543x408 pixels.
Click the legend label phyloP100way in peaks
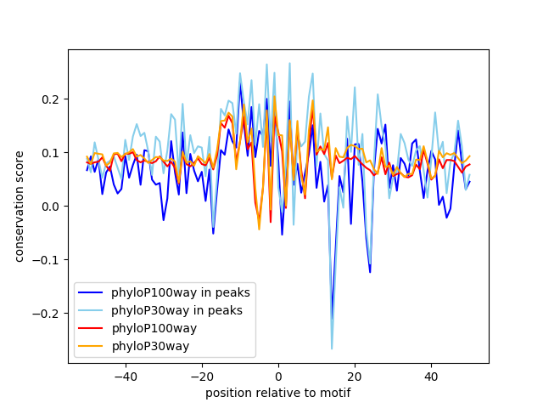180,292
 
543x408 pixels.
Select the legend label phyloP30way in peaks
176,310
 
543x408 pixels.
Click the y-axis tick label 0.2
51,99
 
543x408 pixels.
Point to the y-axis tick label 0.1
51,153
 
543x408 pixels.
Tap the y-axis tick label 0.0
51,207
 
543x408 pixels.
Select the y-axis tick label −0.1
48,260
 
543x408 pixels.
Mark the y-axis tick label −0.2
48,314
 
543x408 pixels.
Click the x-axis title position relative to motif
277,393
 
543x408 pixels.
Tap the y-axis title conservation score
20,206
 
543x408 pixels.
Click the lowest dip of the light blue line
332,348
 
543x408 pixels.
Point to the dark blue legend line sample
94,292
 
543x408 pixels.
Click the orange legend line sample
94,346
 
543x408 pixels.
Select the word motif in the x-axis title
334,393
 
